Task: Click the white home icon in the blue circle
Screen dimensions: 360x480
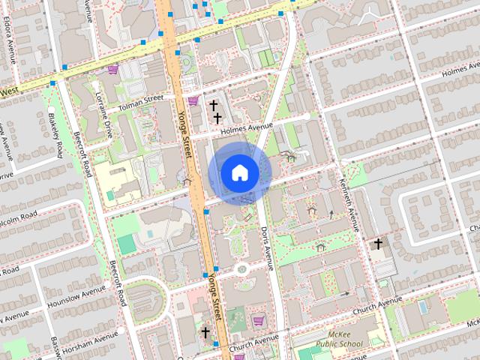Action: click(239, 172)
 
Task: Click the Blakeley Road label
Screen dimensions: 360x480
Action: click(55, 135)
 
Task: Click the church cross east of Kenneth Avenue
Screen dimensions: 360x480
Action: click(378, 244)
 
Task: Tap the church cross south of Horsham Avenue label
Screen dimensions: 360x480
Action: click(205, 331)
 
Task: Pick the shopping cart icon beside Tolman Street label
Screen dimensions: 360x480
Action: click(193, 100)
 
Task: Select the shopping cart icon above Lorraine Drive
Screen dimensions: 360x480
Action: click(112, 70)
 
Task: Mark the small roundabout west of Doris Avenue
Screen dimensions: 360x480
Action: click(241, 268)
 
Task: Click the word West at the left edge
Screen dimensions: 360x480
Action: click(9, 91)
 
